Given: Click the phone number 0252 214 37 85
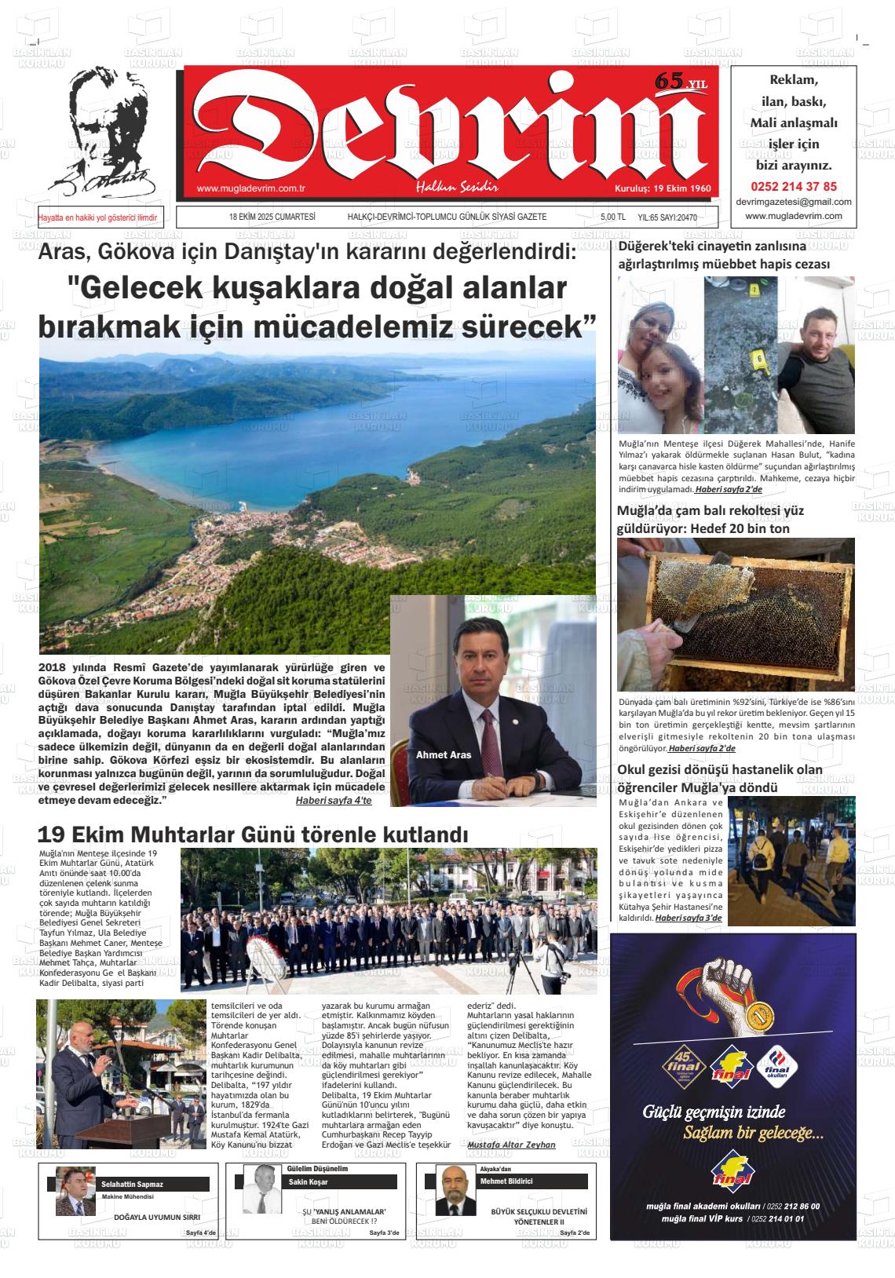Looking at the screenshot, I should point(794,187).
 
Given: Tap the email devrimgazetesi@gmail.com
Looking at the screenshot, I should point(794,202).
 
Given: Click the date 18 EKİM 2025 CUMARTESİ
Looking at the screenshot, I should point(272,217).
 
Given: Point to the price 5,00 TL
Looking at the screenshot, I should point(612,217).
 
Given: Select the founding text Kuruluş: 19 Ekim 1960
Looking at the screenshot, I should point(662,189).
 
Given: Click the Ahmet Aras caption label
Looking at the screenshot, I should point(444,754).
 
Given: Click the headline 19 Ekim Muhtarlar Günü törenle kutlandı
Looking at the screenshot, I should point(253,834).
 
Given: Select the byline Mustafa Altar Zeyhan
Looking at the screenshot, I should point(511,1145).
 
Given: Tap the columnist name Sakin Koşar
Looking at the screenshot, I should point(309,1182).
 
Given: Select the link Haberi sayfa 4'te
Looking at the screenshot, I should point(333,801).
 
